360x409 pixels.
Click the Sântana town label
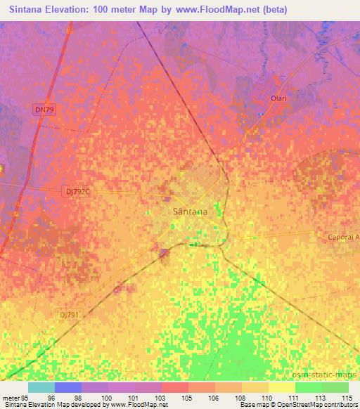189,210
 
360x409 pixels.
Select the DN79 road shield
42,109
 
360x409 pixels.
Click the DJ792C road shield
79,192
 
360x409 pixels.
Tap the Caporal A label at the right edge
343,238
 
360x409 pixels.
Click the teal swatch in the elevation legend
41,387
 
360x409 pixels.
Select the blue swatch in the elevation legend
68,387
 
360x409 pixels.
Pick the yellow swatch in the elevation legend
281,387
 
